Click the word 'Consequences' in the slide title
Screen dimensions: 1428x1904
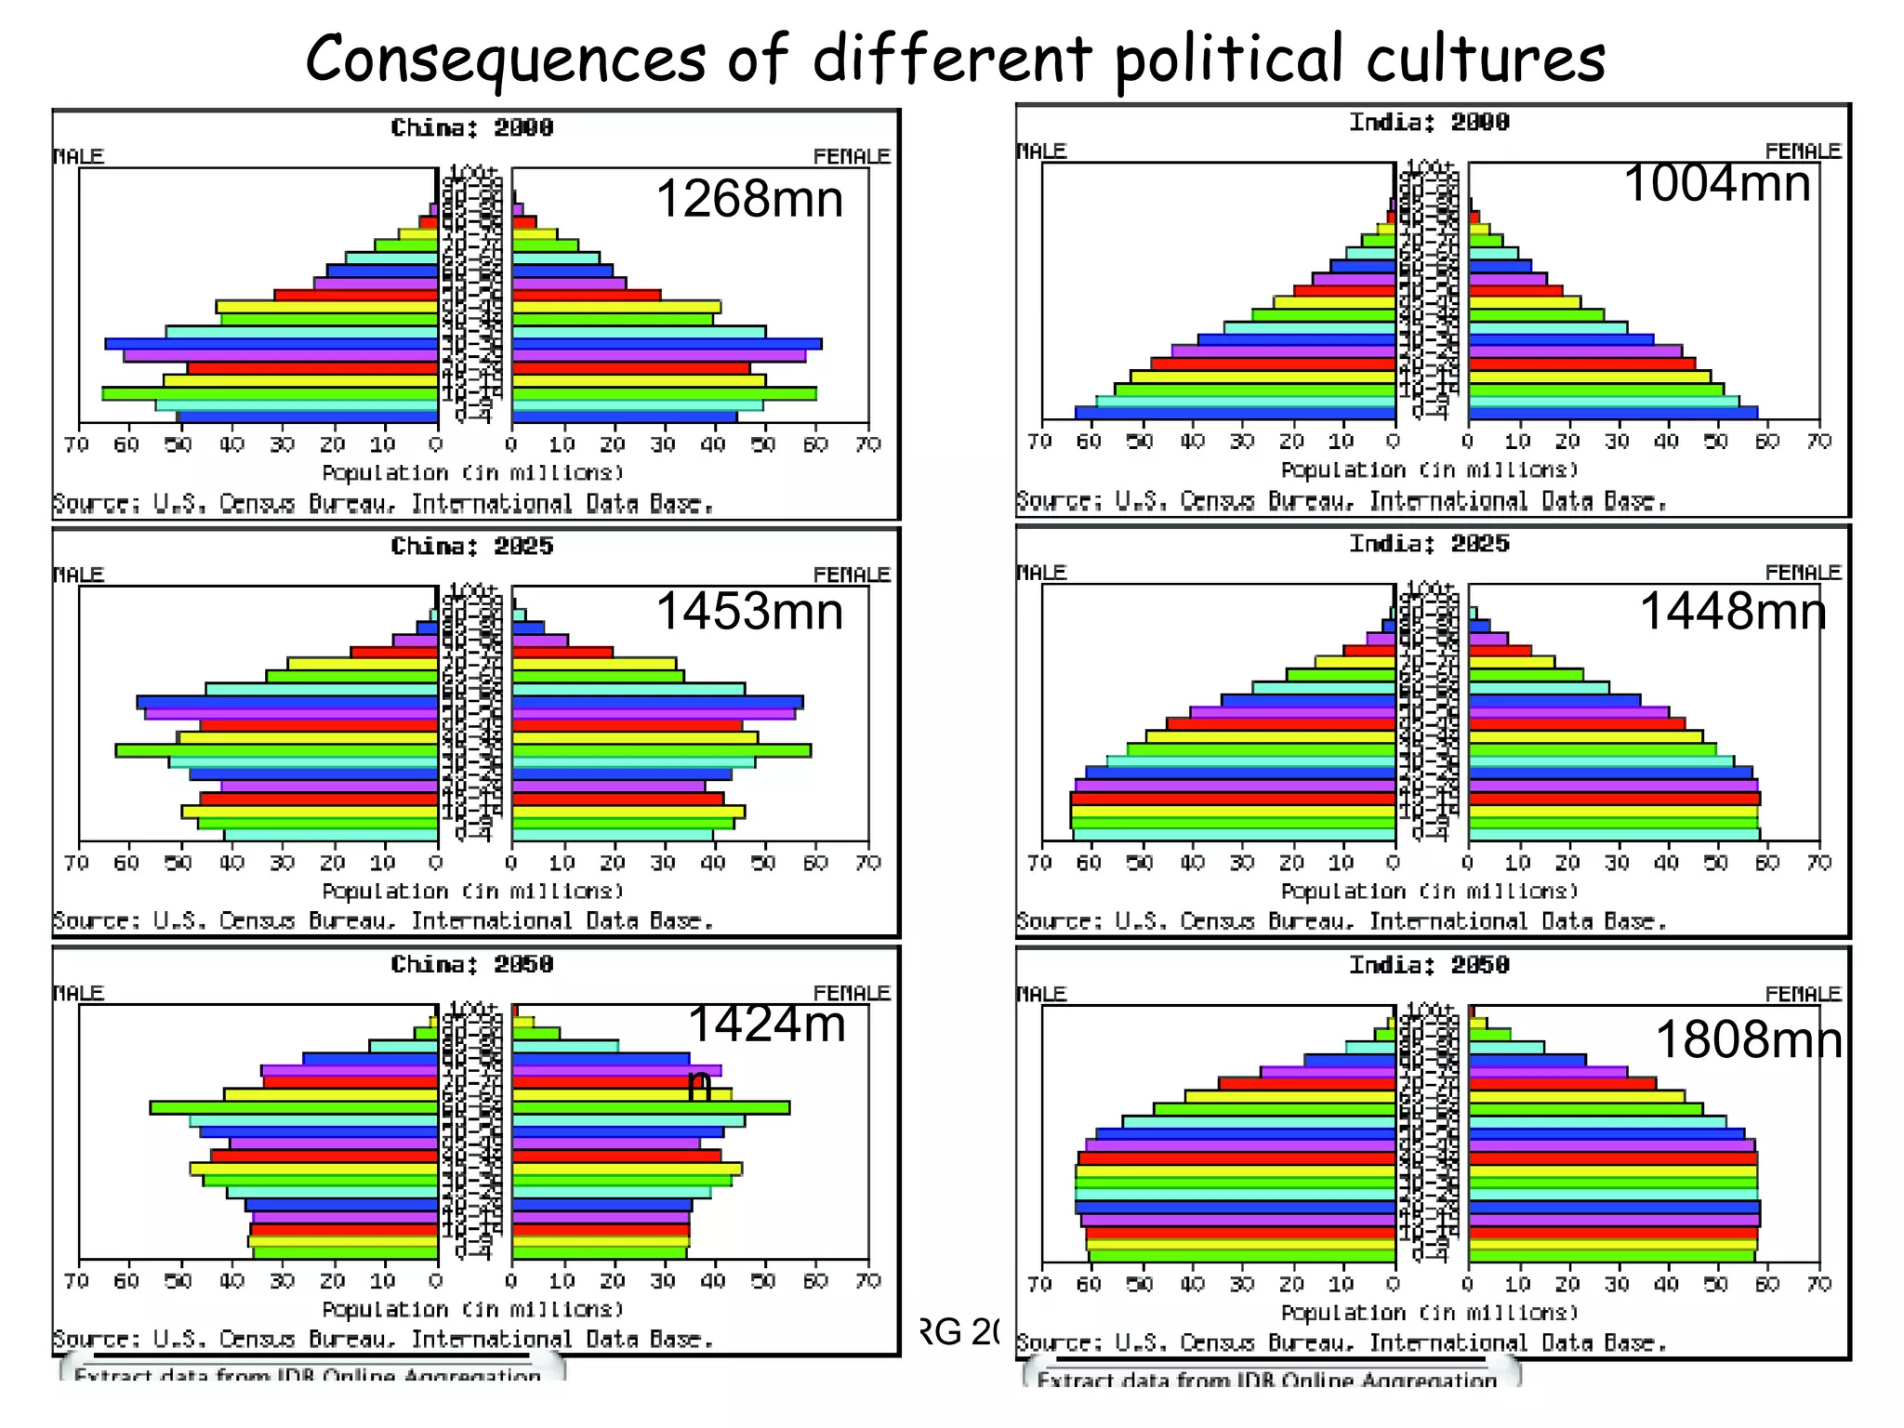point(506,58)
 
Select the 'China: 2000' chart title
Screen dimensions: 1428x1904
point(472,127)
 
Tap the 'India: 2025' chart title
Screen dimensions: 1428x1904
point(1429,543)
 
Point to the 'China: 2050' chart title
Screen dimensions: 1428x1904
point(472,964)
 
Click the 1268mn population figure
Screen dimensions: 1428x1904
point(749,199)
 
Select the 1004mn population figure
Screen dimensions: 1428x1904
point(1716,182)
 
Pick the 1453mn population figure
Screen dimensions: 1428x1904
point(749,612)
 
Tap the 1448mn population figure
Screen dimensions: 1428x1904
point(1732,612)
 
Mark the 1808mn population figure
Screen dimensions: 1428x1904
point(1748,1039)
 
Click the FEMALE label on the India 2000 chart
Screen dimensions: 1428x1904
point(1803,151)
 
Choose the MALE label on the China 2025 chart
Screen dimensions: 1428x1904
point(79,574)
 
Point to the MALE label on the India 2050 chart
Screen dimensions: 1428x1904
point(1041,993)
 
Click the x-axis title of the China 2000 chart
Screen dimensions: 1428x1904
point(472,472)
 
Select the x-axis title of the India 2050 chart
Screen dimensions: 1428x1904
point(1429,1312)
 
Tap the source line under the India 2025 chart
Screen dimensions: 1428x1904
point(1341,921)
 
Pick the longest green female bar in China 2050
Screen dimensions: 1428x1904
point(651,1107)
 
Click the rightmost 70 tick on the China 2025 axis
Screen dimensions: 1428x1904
point(867,863)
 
